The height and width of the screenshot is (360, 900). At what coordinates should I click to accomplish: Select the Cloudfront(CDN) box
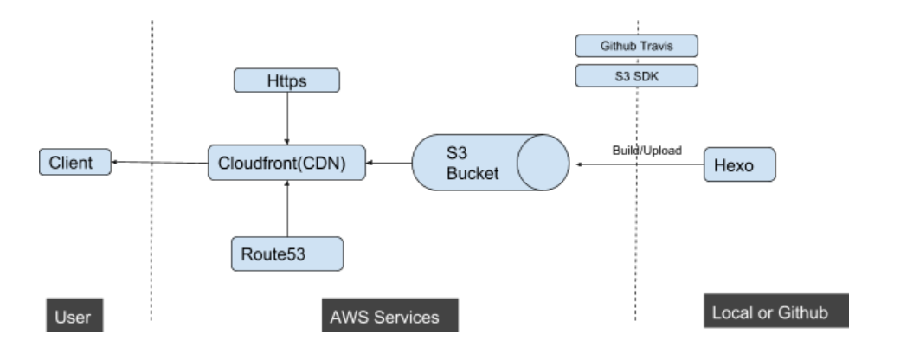click(x=286, y=162)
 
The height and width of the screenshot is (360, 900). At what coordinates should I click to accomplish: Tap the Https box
click(x=286, y=80)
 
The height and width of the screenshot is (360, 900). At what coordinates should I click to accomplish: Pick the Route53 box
click(x=286, y=253)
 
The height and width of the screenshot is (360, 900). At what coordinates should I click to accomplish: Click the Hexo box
click(x=740, y=164)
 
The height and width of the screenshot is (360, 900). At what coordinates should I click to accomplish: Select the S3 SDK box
click(x=636, y=77)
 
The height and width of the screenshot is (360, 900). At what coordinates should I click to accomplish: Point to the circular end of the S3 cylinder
click(x=543, y=162)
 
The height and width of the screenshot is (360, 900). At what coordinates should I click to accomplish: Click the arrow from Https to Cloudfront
click(x=286, y=117)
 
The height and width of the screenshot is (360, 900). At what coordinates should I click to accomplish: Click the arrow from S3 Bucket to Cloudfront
click(x=388, y=162)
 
